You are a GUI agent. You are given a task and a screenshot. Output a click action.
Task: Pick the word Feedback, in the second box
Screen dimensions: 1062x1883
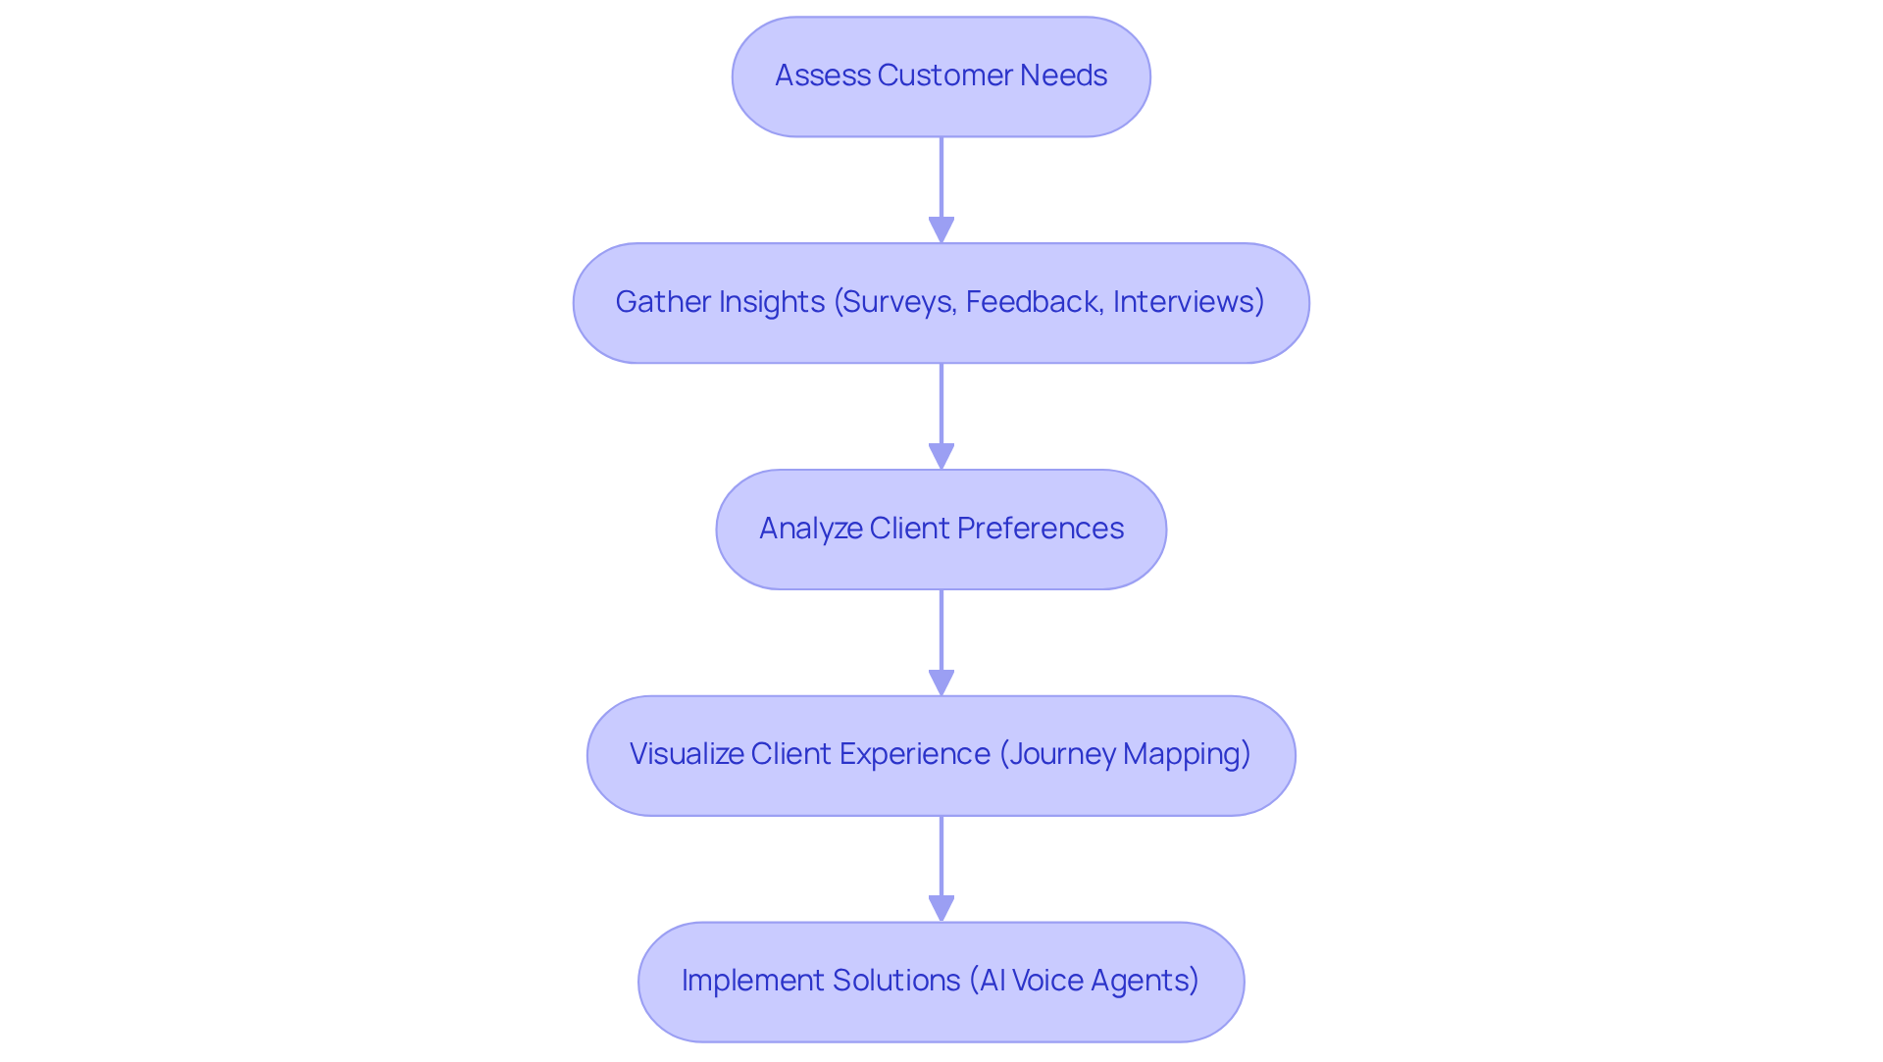click(x=1035, y=302)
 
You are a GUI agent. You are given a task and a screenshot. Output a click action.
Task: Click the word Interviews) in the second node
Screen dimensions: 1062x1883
click(x=1189, y=302)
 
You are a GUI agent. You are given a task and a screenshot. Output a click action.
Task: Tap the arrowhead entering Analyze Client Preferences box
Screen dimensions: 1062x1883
click(x=941, y=456)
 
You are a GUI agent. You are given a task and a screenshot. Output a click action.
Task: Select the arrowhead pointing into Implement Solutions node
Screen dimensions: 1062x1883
click(x=941, y=909)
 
